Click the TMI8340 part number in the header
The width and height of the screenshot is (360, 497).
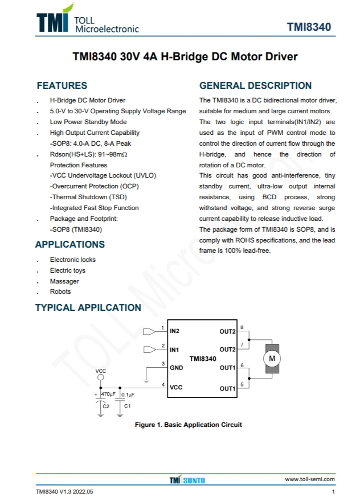tap(309, 27)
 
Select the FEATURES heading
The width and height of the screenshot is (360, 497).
tap(62, 86)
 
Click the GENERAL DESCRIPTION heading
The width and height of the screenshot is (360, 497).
tap(255, 86)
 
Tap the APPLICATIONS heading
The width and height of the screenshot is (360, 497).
tap(70, 244)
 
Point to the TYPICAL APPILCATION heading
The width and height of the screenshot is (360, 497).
tap(88, 307)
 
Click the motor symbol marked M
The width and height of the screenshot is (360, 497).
tap(272, 358)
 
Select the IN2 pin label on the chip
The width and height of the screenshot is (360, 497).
tap(174, 331)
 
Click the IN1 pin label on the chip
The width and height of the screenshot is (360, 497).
tap(174, 349)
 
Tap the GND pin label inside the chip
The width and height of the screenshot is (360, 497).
tap(176, 367)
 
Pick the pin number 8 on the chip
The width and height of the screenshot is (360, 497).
tap(242, 327)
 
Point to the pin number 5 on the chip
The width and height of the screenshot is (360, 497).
tap(242, 385)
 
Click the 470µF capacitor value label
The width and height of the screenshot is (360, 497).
tap(108, 394)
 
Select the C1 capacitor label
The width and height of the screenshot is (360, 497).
tap(128, 406)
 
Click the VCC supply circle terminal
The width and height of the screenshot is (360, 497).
tap(101, 377)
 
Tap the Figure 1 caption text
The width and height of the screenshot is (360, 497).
tap(188, 425)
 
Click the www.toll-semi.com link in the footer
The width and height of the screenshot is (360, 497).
tap(310, 479)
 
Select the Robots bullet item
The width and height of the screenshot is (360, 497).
tap(60, 291)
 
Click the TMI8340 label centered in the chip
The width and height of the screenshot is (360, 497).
tap(203, 359)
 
